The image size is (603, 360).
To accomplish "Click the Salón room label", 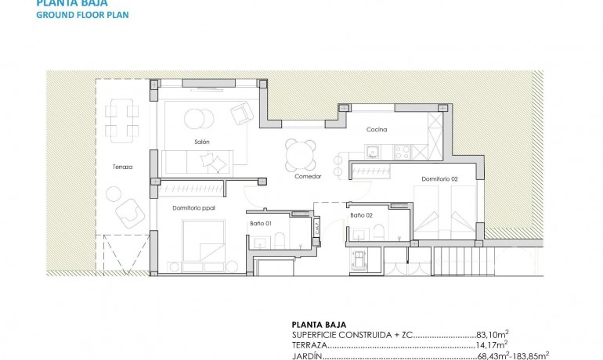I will point(202,142).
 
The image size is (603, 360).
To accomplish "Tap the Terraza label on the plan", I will point(122,167).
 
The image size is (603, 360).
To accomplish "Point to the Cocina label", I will point(377,130).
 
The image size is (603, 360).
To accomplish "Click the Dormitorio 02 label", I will point(439,179).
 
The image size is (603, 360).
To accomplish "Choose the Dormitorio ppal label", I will point(193,207).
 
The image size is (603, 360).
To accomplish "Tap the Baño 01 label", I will point(262,224).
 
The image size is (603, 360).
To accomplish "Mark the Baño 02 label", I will point(361,214).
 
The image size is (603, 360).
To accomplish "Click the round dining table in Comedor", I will point(300,154).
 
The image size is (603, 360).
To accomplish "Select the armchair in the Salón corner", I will point(242,114).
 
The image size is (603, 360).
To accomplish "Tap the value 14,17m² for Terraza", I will point(492,344).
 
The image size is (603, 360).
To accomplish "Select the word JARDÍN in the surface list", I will point(305,355).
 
